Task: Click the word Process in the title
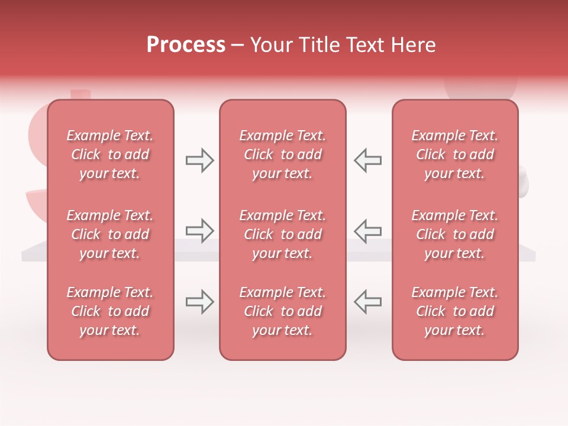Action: (186, 45)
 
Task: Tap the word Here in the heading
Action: (412, 45)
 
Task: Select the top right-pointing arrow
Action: (200, 160)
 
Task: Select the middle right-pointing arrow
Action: (200, 231)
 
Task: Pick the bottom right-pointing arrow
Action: (200, 302)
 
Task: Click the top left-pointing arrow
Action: (367, 160)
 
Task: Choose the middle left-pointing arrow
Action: (367, 231)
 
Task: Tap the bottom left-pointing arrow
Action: (367, 302)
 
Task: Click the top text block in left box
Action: (110, 154)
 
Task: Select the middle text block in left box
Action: (110, 234)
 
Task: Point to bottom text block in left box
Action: (110, 311)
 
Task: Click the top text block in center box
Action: (282, 154)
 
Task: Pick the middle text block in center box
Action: (282, 234)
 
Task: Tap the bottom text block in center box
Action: (282, 311)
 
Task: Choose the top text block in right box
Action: (454, 154)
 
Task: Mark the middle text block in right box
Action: (454, 234)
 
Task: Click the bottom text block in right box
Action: (454, 311)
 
